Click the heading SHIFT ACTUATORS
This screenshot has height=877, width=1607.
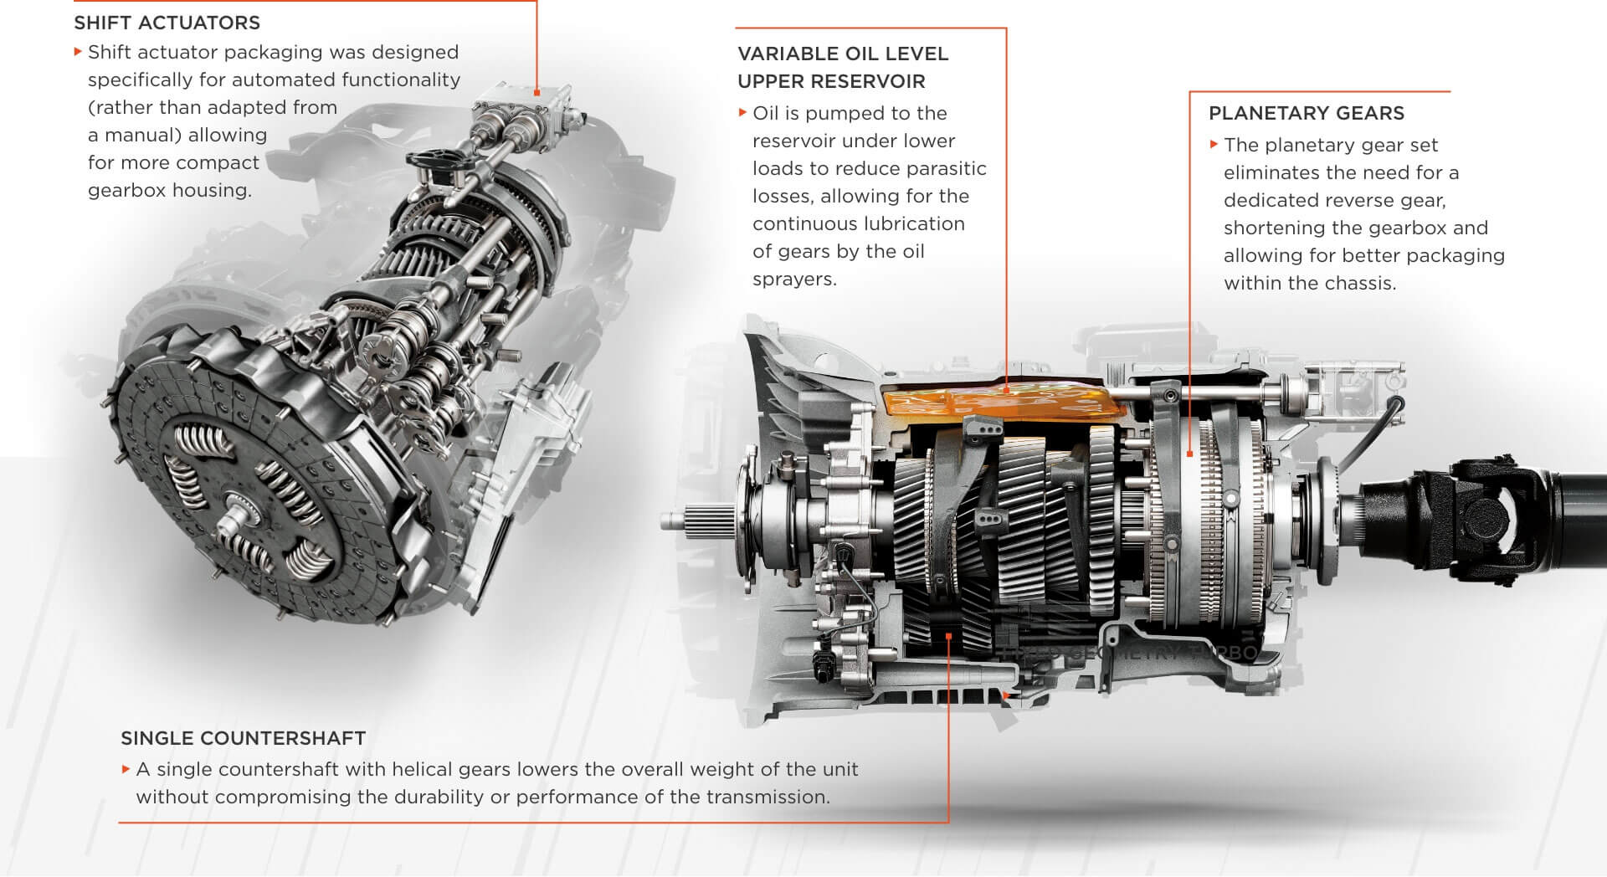167,23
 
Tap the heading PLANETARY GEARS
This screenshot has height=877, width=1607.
1306,113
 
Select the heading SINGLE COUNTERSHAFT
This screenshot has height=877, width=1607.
243,738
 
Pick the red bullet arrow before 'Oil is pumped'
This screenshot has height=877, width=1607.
742,112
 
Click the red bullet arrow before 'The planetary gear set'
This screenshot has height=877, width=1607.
1214,144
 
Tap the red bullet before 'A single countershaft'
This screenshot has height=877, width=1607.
126,768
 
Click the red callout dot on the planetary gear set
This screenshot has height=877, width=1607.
1190,454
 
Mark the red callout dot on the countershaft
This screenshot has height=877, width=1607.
948,637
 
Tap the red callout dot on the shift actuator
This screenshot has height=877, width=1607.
537,91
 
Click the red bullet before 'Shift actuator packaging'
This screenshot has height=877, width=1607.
78,51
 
